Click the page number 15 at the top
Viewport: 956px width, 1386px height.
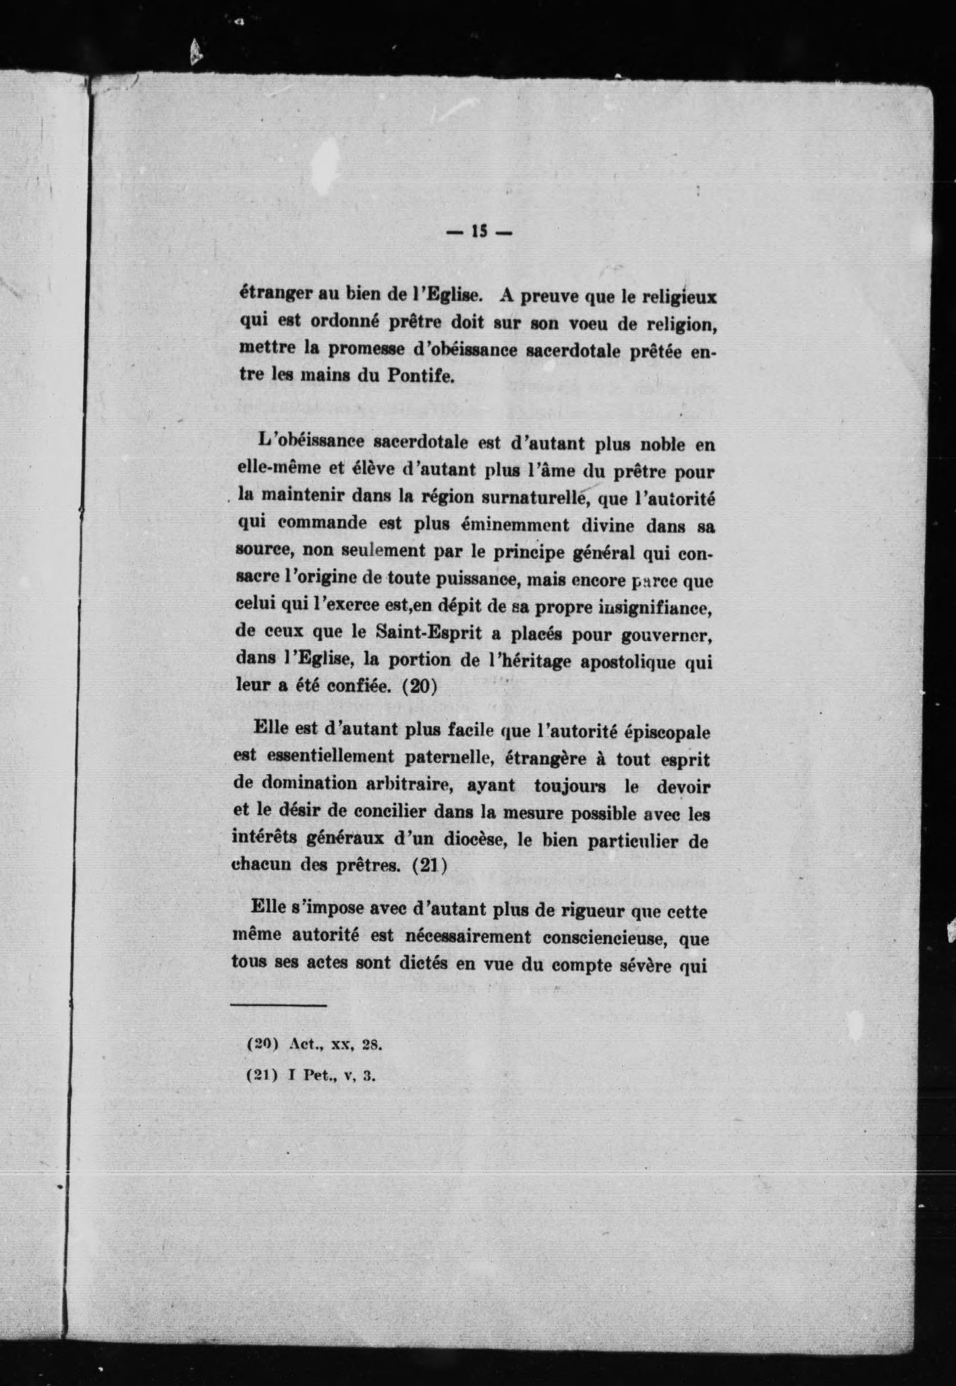click(x=479, y=233)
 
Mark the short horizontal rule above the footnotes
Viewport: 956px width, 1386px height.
click(x=278, y=1006)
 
